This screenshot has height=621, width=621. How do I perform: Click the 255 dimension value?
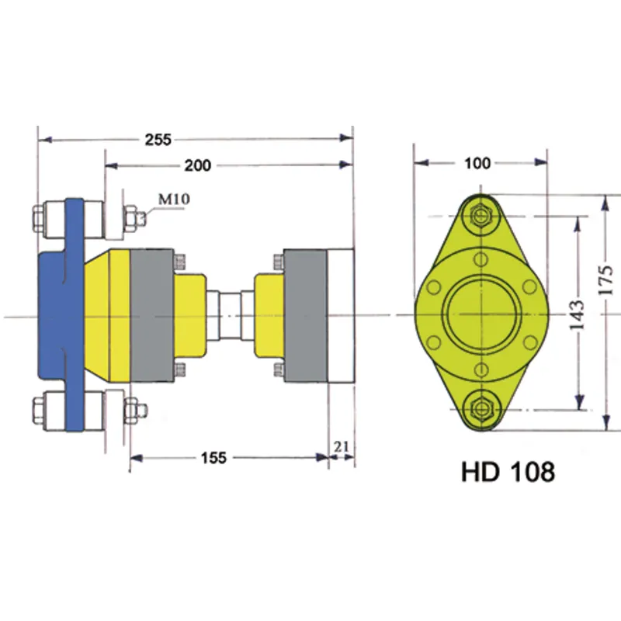[x=158, y=140]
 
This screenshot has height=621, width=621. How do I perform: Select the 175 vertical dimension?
[x=608, y=279]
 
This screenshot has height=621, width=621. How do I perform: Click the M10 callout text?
[x=174, y=199]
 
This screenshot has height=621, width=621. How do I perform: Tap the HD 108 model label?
[x=508, y=471]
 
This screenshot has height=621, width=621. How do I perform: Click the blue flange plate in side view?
[x=74, y=314]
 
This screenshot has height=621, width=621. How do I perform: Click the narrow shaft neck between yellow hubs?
[x=231, y=314]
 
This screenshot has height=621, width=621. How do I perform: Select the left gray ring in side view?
[x=151, y=314]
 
